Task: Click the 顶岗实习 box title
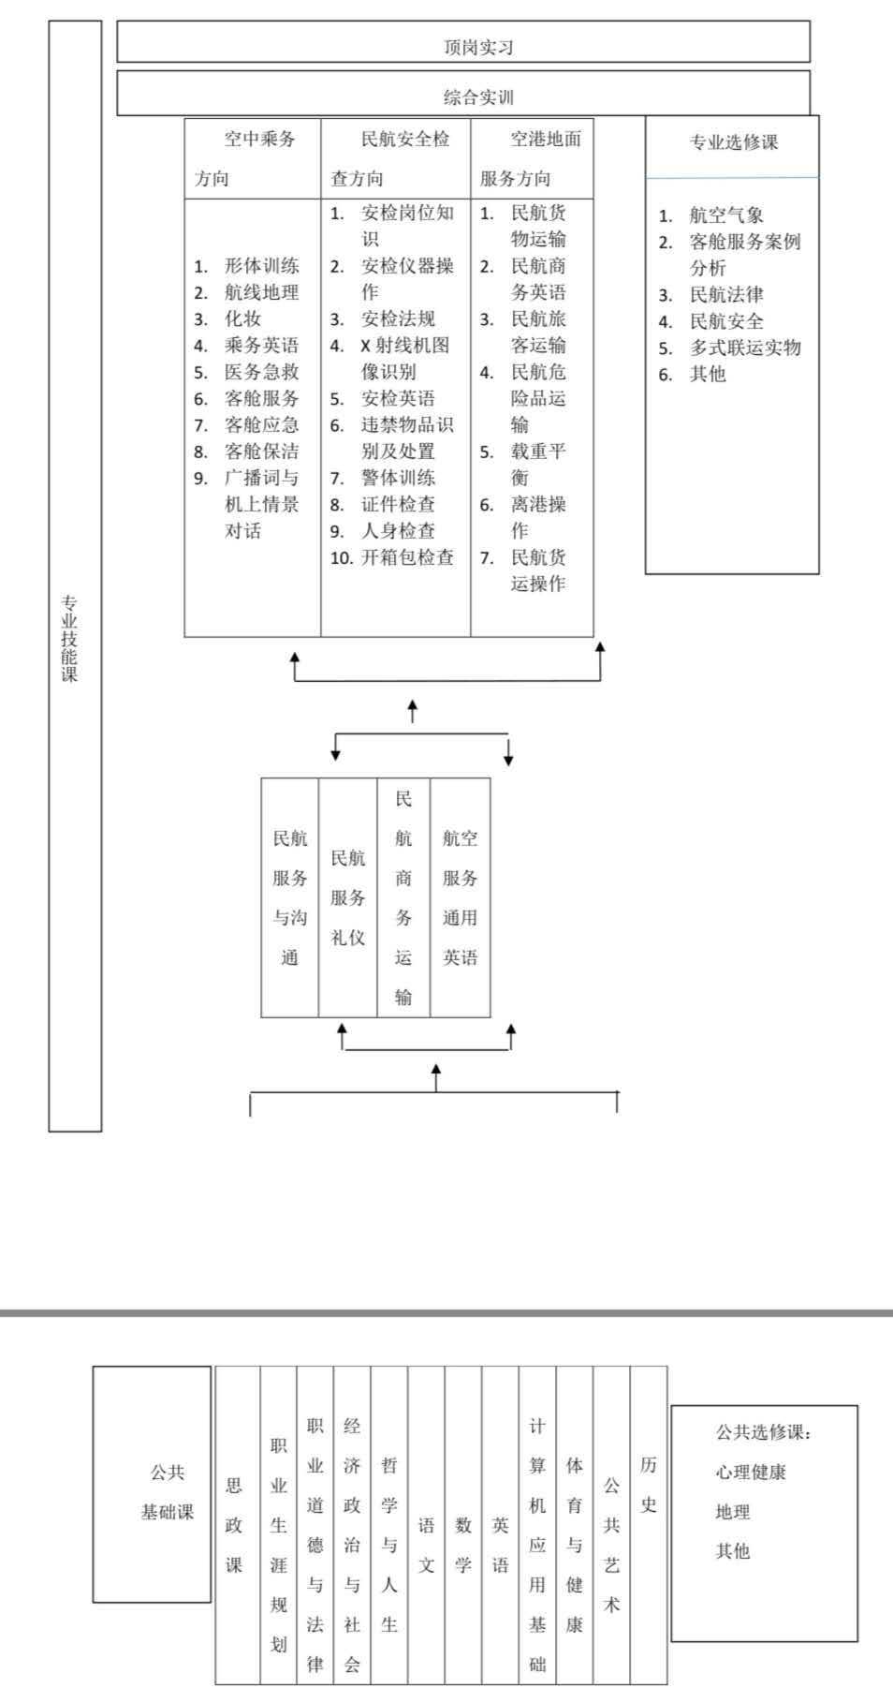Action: point(478,47)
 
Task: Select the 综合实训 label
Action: point(478,97)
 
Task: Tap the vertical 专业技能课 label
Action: point(70,638)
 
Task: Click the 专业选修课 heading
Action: point(734,142)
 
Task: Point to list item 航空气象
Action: point(726,215)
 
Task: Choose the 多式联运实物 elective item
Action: point(745,348)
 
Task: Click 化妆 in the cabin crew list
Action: point(243,318)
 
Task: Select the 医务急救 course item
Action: point(261,372)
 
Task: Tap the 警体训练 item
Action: point(398,478)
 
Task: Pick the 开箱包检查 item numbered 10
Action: point(407,557)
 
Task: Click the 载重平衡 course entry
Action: point(538,464)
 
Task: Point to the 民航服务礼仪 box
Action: point(347,897)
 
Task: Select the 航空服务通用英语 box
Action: point(460,897)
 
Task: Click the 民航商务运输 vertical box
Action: point(403,897)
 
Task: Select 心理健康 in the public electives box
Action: point(751,1472)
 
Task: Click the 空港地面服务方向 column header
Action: point(531,158)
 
